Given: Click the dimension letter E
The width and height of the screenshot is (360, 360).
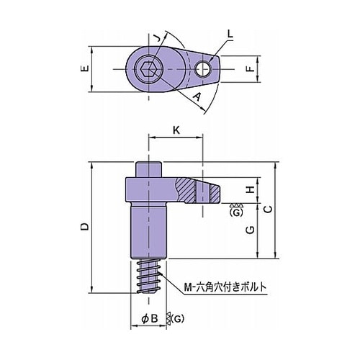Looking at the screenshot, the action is [85, 68].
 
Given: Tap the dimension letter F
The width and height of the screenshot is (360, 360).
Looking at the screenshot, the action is [251, 69].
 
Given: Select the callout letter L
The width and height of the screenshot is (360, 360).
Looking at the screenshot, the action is [230, 34].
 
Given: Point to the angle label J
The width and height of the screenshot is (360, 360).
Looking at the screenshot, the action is [156, 37].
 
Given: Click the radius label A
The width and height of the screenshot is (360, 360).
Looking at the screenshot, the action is [197, 96].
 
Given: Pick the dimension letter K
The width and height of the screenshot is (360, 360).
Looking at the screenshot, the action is [176, 130].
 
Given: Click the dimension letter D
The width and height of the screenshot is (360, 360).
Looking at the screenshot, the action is [85, 227].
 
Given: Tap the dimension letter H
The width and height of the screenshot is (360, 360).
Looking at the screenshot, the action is [251, 190].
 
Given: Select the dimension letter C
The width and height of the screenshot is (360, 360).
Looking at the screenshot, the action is [269, 210].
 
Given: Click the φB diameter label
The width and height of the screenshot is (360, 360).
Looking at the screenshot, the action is [150, 318].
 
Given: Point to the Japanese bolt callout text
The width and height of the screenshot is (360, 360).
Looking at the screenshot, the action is [225, 287].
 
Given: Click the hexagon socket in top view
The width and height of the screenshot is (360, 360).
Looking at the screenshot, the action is [149, 69].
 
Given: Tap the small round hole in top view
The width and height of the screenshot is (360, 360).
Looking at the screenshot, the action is [203, 69].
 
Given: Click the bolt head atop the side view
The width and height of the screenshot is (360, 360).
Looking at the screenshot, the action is [148, 170].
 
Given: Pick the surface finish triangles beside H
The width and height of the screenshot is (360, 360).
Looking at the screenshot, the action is [236, 205].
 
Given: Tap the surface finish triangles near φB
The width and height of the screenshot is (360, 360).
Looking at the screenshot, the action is [168, 319].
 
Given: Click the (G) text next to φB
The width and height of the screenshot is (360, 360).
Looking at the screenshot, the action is [178, 318].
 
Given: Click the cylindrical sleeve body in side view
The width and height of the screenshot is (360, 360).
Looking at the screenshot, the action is [148, 231].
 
